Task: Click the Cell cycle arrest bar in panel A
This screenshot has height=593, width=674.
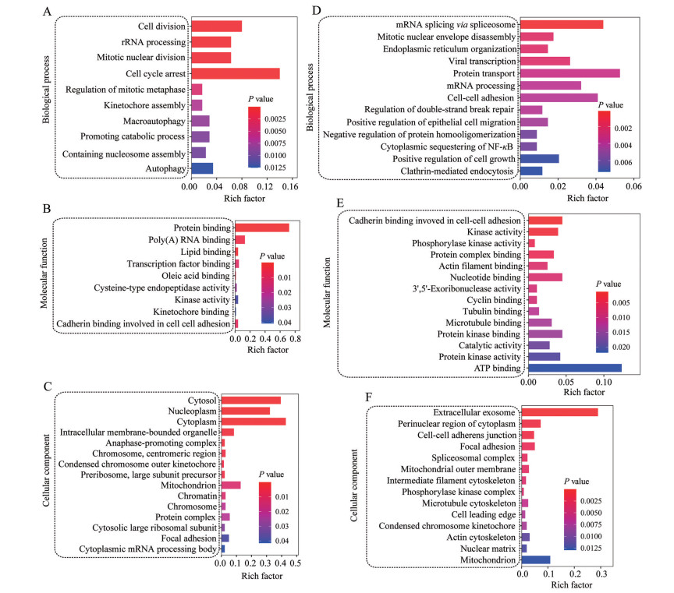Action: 234,73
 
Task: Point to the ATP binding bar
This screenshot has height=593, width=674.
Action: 574,368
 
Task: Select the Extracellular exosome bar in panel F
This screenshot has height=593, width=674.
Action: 559,411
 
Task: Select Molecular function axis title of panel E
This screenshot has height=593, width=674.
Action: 326,296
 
